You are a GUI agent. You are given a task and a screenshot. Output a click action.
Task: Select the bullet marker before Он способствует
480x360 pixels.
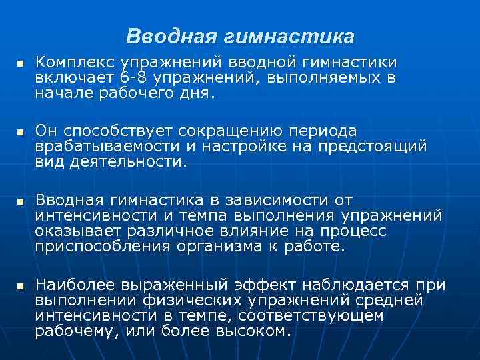click(19, 132)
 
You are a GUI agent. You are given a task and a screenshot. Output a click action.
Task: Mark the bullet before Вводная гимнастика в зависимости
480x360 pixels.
click(19, 201)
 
